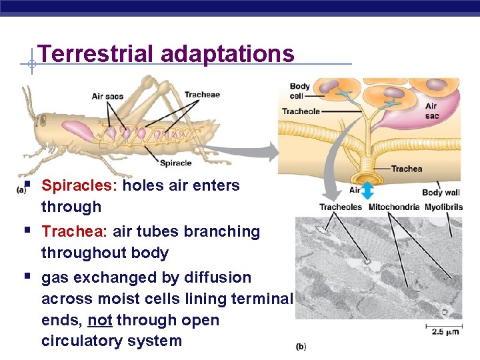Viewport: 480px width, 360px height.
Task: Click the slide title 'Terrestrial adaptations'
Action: pos(166,53)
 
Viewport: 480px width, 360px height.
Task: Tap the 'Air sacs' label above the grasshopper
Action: pos(107,97)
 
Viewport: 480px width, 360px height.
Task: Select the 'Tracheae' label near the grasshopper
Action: pos(201,95)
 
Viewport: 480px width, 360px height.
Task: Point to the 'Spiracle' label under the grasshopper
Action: pos(175,163)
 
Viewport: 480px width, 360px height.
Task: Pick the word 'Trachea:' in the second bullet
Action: pos(75,231)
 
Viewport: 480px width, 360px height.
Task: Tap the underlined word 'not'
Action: pos(100,320)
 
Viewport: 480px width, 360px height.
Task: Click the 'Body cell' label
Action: pos(299,91)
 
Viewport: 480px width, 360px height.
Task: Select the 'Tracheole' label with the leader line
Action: pos(301,111)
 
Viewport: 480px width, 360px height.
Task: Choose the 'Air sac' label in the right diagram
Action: pos(431,111)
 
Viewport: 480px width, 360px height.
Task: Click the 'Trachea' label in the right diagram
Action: pos(406,169)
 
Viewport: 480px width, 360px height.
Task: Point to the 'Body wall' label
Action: pos(441,193)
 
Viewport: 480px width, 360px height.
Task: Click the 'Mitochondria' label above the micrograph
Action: pos(393,207)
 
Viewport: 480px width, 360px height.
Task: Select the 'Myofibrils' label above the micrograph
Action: pos(443,207)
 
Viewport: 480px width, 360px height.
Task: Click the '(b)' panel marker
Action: pos(301,347)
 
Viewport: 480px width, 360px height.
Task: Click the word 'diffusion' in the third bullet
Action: pos(217,277)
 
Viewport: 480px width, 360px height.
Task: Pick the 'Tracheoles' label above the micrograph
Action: pos(340,207)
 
